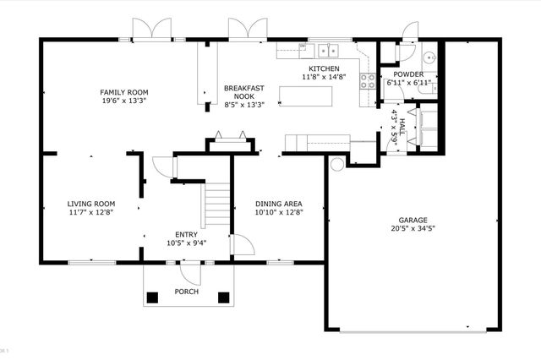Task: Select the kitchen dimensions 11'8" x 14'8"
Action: click(324, 77)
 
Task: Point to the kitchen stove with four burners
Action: click(369, 82)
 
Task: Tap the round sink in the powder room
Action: click(428, 58)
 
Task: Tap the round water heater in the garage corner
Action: click(337, 164)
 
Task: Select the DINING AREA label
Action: click(278, 204)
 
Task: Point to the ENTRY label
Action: click(186, 235)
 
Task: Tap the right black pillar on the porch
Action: click(223, 297)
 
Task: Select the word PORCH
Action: click(186, 292)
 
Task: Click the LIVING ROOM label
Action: click(91, 204)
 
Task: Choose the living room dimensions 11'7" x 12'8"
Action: click(91, 212)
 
